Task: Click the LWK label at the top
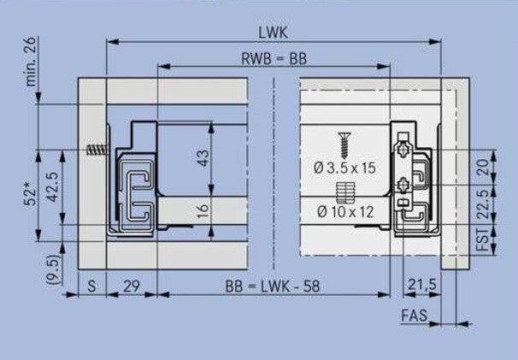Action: [274, 32]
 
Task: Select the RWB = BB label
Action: [274, 59]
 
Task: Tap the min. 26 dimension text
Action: [31, 62]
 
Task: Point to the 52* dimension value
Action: [31, 197]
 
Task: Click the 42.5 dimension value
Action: [52, 186]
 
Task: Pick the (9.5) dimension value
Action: [53, 269]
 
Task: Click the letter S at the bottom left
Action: [91, 286]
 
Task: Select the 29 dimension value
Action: [132, 286]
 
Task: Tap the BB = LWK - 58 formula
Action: [273, 286]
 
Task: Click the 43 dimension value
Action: [203, 158]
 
